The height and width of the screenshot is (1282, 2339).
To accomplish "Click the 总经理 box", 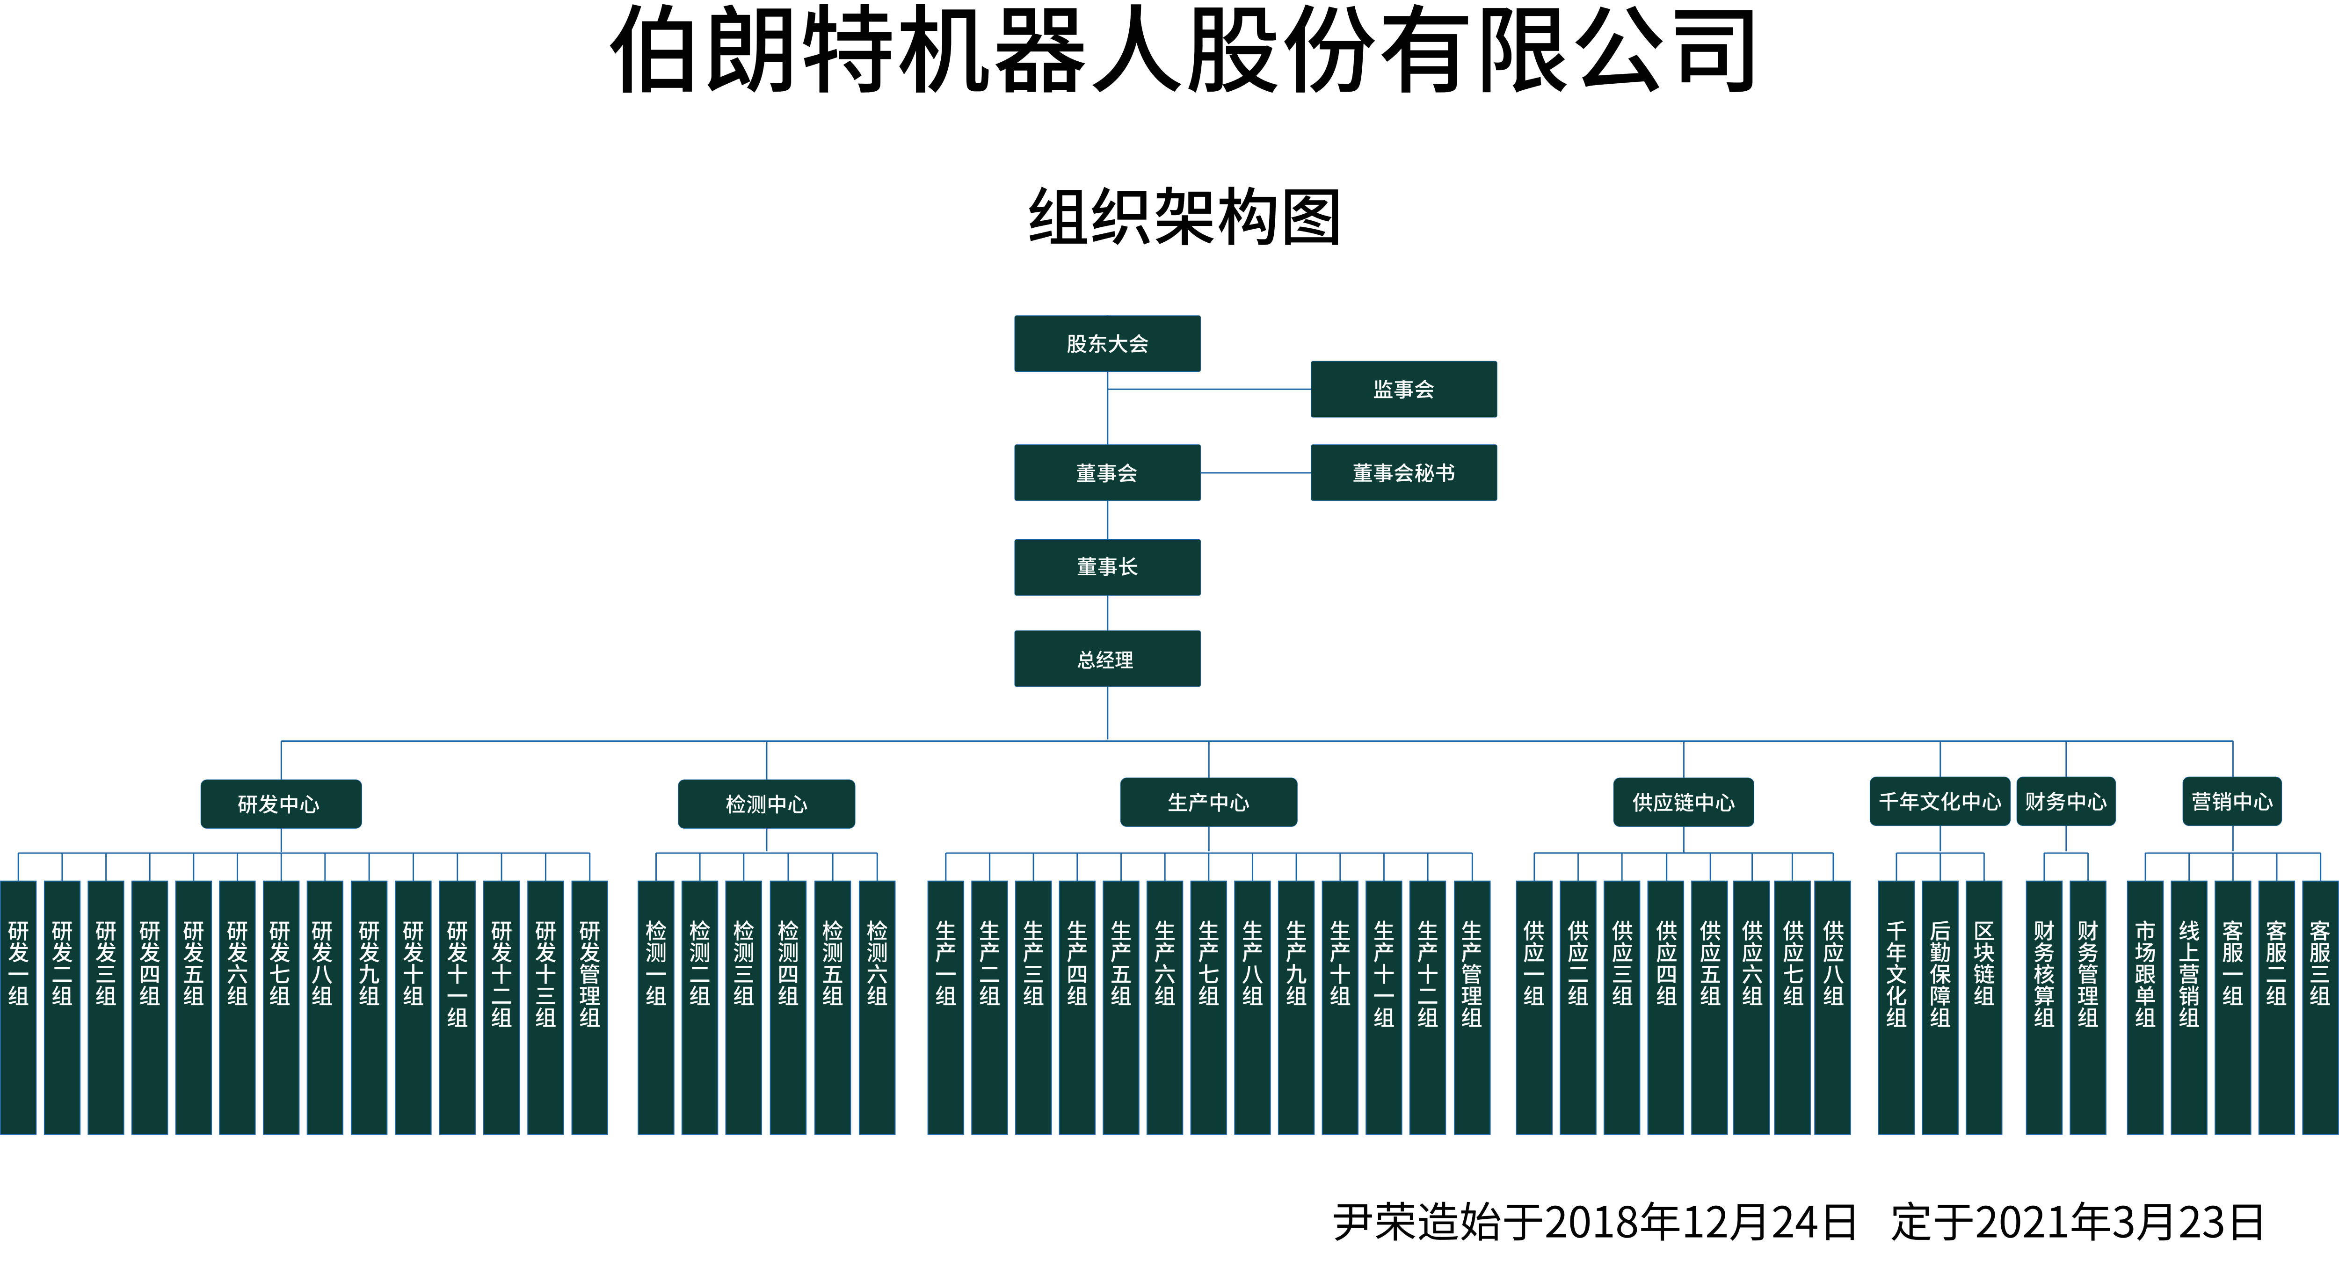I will [1107, 659].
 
